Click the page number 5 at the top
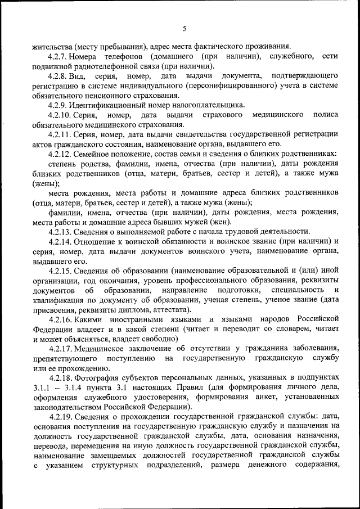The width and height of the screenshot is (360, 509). [x=184, y=29]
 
